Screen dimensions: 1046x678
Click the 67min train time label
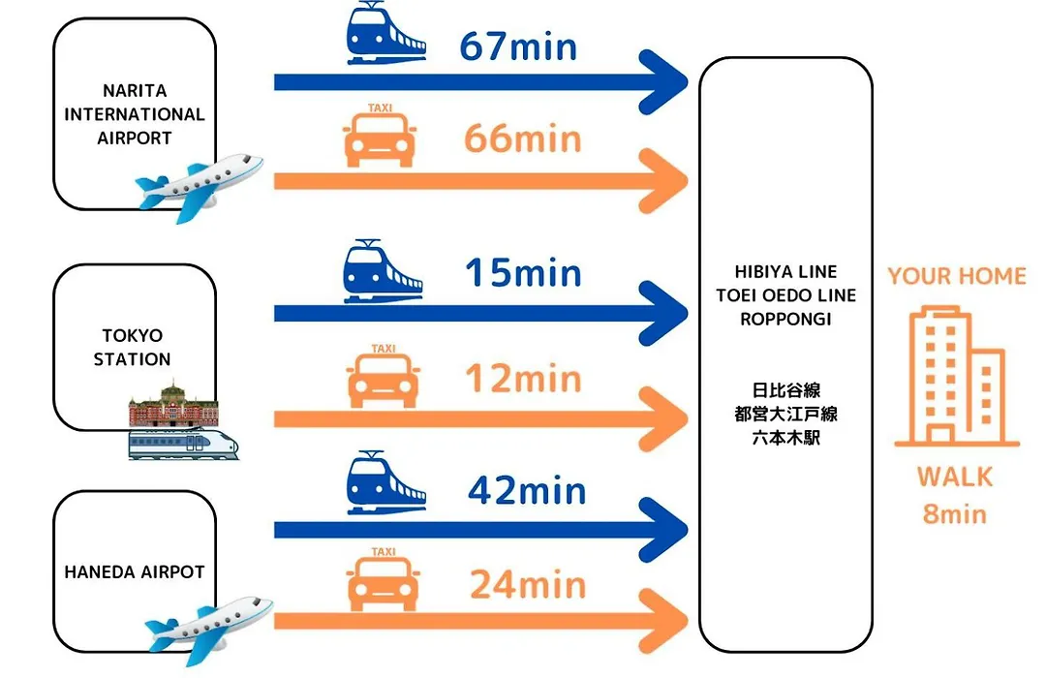(x=518, y=46)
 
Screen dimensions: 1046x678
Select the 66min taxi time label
(x=522, y=139)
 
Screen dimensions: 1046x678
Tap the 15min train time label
(x=523, y=273)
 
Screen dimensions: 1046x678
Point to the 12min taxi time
(x=524, y=379)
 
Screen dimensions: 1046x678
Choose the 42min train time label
(x=527, y=491)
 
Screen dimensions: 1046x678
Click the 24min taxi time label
(x=528, y=585)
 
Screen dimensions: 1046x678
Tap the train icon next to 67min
(x=385, y=33)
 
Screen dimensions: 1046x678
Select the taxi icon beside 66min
(x=380, y=136)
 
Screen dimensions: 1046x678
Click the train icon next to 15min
(x=383, y=271)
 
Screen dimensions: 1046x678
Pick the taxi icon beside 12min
(x=383, y=377)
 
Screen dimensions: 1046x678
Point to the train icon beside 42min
(x=385, y=483)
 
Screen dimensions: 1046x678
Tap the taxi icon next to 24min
(x=383, y=579)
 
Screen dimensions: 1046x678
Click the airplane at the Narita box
(x=199, y=187)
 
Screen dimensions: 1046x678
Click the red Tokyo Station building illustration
(x=173, y=404)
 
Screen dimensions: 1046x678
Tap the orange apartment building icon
(x=957, y=376)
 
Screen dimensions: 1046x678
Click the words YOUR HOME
(x=957, y=276)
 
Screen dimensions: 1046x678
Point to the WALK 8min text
(x=955, y=495)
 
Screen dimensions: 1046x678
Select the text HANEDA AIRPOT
(x=134, y=571)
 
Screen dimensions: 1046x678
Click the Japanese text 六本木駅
(x=785, y=438)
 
